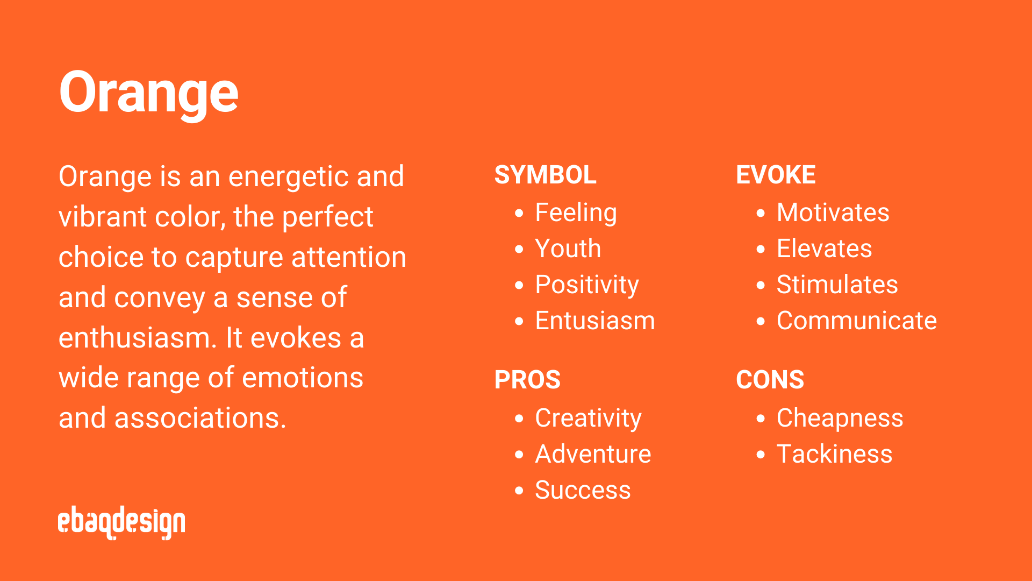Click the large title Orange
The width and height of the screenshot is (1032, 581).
[148, 93]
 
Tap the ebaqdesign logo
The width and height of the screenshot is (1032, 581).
[121, 522]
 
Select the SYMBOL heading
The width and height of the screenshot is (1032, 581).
[545, 175]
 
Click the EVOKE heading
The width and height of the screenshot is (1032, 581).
[776, 175]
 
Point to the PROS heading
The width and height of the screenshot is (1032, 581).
[527, 380]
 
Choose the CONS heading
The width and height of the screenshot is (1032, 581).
[770, 380]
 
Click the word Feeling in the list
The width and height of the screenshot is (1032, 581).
[576, 212]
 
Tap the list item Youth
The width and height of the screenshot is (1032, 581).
[568, 249]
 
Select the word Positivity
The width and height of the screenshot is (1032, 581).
[586, 285]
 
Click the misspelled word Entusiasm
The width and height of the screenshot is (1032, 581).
[595, 321]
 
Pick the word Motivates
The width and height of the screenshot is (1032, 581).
[833, 212]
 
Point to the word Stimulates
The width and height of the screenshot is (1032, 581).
[837, 285]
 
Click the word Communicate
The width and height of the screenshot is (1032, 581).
[857, 321]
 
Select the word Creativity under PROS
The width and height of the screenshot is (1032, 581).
[588, 418]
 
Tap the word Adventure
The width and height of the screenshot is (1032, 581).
[593, 454]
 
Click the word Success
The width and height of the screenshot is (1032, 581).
[583, 490]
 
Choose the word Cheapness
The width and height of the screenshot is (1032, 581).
[840, 418]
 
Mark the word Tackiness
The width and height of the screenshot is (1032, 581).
[834, 454]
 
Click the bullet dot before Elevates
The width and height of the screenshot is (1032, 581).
[760, 249]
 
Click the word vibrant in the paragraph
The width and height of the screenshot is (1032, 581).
[102, 217]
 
